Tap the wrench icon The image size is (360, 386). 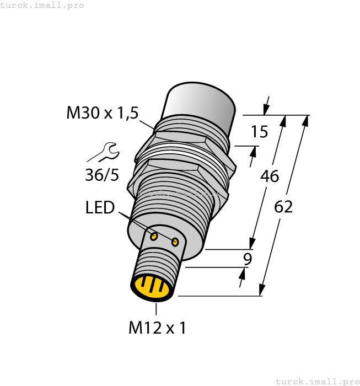click(105, 152)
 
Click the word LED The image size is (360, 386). click(100, 208)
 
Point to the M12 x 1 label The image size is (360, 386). click(157, 328)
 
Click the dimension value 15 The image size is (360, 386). click(259, 132)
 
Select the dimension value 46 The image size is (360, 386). click(269, 176)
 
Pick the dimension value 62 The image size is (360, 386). click(283, 207)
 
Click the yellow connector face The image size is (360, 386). click(152, 287)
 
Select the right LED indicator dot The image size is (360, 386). click(175, 242)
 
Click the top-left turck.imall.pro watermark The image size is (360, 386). click(42, 5)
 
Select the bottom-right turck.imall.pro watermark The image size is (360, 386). click(317, 381)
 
